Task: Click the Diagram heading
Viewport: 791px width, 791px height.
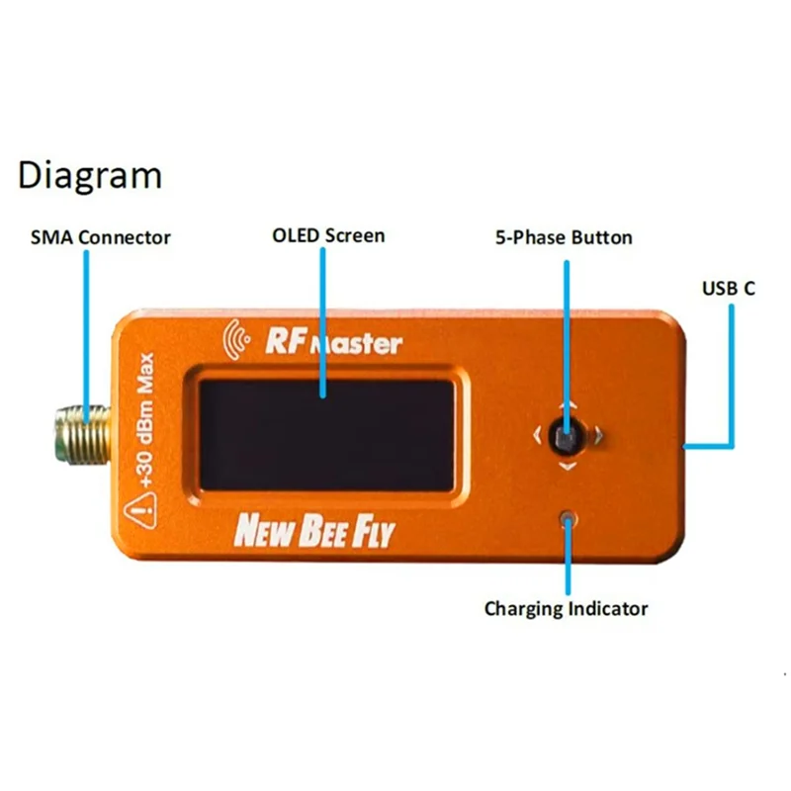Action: point(90,177)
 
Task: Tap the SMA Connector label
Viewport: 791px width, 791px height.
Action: point(101,237)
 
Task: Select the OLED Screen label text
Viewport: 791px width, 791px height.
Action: point(328,236)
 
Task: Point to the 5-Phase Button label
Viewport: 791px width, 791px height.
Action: point(564,237)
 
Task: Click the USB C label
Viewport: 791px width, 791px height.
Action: point(729,289)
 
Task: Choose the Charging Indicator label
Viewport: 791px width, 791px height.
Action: point(566,608)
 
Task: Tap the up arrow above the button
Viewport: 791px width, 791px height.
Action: point(567,405)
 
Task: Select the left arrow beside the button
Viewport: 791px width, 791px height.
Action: point(536,434)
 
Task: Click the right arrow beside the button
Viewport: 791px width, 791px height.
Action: point(599,434)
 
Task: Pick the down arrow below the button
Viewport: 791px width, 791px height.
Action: point(567,465)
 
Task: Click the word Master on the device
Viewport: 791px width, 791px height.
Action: point(356,344)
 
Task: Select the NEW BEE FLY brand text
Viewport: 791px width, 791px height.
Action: point(313,532)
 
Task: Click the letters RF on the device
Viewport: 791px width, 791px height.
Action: point(283,342)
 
